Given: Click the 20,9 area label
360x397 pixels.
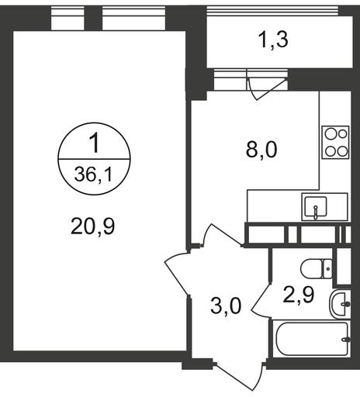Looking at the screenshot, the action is coord(92,226).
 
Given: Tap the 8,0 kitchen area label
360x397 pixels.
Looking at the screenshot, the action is coord(261,150).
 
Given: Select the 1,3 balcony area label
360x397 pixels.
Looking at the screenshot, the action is coord(274,40).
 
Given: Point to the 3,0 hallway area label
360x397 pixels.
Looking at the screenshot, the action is coord(226,306).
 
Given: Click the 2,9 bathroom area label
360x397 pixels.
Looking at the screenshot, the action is coord(299,295).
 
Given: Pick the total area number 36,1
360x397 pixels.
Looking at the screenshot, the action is coord(94,174).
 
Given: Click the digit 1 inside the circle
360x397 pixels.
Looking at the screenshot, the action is coord(95,143).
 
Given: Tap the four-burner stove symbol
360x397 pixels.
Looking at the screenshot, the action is coord(335,143).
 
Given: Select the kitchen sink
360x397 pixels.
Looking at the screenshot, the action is coord(325,207).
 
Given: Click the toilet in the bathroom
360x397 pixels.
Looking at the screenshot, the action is coord(317,268).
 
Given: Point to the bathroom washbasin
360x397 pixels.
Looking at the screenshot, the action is coord(340,304).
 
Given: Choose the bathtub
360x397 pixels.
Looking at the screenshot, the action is coord(312,339).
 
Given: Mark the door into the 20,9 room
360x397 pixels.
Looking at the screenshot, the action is coord(177,274).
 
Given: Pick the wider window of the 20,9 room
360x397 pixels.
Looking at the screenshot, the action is coord(134,18).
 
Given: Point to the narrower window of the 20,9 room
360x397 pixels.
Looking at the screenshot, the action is coord(67,18).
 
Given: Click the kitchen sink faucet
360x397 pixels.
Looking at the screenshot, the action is coord(316,212).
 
